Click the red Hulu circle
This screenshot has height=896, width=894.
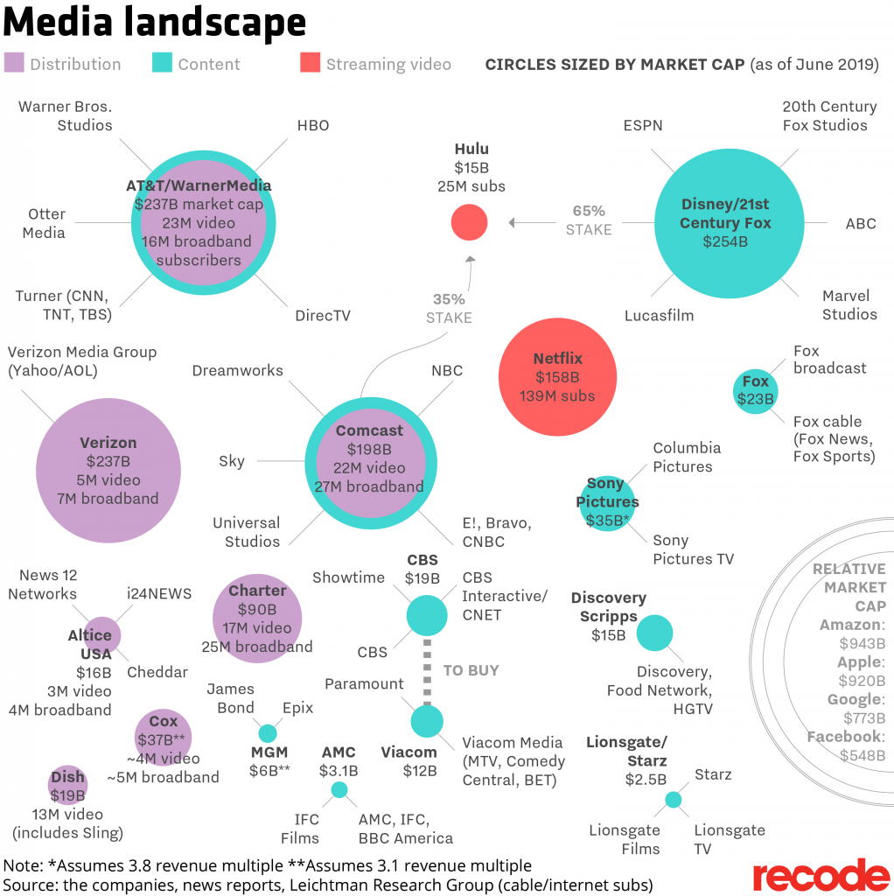click(x=469, y=222)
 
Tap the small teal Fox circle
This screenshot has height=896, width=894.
click(x=755, y=391)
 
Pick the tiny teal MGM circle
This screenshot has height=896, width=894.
click(x=268, y=733)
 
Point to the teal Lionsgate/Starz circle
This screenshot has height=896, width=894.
click(x=673, y=799)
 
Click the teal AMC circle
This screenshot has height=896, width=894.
click(x=339, y=790)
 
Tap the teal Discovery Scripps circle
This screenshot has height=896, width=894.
click(x=654, y=633)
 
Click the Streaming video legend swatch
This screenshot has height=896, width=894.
click(x=310, y=63)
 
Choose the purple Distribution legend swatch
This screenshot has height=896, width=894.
click(x=14, y=63)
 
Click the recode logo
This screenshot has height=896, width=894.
click(x=821, y=875)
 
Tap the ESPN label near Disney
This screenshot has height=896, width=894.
click(x=643, y=125)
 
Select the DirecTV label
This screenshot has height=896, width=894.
click(x=323, y=315)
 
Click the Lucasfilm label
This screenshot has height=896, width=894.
click(x=659, y=315)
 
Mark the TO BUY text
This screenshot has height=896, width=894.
click(x=471, y=670)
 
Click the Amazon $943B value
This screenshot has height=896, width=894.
click(x=862, y=643)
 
